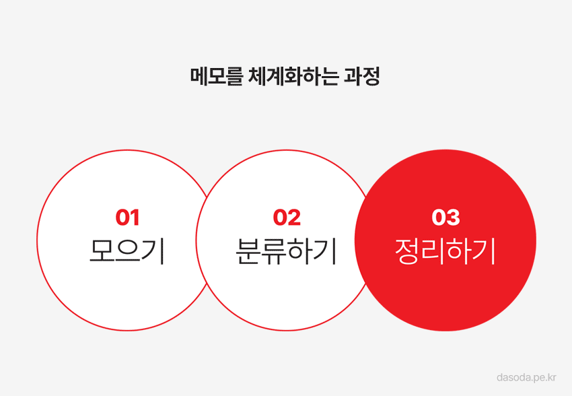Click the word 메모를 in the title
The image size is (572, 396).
pos(216,76)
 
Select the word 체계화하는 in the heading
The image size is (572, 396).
pos(293,76)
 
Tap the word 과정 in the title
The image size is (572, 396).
pos(362,76)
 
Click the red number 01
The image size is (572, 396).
pos(127,218)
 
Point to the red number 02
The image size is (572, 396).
pos(287,218)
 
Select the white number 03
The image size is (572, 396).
pos(445,218)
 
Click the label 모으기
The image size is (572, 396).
pos(127,251)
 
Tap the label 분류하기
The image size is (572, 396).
pos(286,251)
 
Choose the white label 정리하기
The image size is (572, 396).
pos(445,251)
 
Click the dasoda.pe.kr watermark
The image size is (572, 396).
pos(526,377)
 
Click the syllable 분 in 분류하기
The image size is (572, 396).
pos(248,251)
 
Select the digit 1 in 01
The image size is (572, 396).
pos(135,218)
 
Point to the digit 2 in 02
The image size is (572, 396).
pos(294,218)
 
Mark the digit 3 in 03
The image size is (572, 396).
pos(453,218)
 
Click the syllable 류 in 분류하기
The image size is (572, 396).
pos(274,251)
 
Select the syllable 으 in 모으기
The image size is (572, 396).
pos(127,251)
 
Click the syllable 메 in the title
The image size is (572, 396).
pos(199,76)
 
